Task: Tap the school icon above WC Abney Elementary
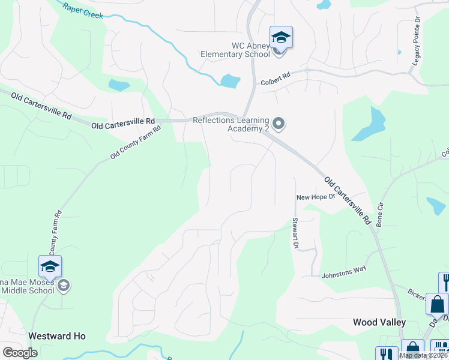click(281, 38)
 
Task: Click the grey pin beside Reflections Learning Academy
click(278, 124)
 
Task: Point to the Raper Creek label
click(83, 10)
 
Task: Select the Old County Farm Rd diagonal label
click(136, 142)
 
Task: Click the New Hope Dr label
click(315, 197)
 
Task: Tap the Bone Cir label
click(379, 214)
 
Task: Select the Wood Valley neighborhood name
click(379, 322)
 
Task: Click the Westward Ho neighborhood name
click(56, 336)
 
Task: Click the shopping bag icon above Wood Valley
click(437, 304)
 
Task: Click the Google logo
click(20, 352)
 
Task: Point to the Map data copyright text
click(423, 355)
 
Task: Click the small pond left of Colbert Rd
click(230, 81)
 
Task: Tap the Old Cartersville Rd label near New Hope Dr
click(349, 200)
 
